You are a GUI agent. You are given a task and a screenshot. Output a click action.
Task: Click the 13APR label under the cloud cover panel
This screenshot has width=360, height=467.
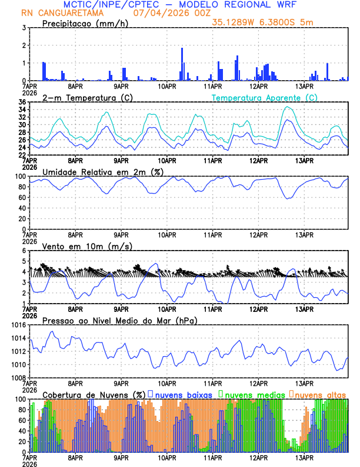[304, 458]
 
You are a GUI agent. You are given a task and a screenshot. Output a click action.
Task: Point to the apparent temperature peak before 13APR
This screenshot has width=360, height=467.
[287, 107]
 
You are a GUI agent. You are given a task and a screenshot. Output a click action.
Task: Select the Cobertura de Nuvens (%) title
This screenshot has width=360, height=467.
[94, 394]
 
